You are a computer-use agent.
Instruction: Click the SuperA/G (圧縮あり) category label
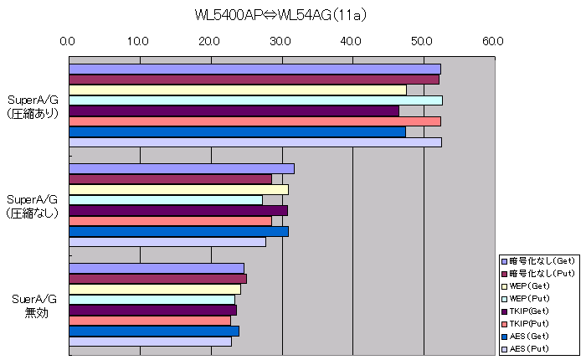pyautogui.click(x=33, y=106)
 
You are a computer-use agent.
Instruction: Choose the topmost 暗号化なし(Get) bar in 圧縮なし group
pyautogui.click(x=181, y=168)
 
